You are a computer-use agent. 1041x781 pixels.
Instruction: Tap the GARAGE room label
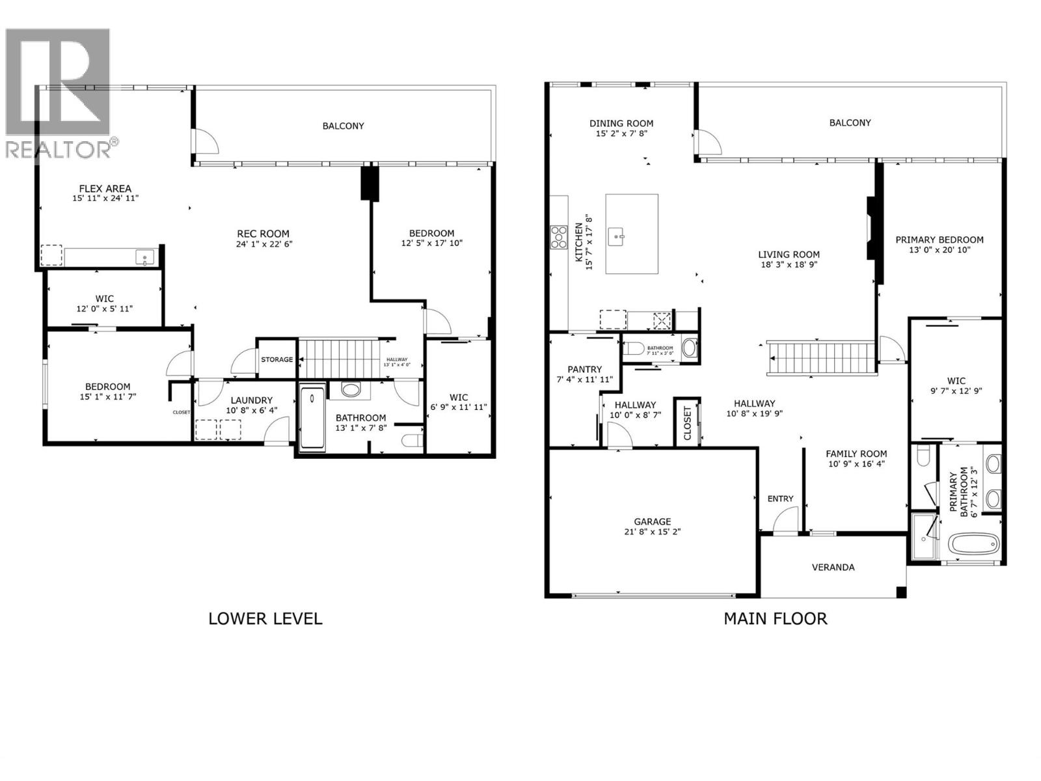click(652, 521)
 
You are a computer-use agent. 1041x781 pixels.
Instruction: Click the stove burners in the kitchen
click(558, 237)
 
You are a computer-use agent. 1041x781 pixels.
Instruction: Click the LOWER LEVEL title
click(265, 618)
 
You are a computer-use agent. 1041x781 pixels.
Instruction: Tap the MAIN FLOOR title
click(775, 618)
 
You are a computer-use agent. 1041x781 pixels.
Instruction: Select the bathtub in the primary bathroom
click(973, 543)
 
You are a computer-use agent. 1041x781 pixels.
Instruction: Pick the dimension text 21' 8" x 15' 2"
click(652, 532)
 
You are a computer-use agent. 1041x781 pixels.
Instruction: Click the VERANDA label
click(833, 568)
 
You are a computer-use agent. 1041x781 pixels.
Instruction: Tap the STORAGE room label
click(277, 359)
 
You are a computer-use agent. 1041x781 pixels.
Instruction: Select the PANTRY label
click(584, 369)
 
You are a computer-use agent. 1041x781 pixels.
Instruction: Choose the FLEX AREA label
click(105, 189)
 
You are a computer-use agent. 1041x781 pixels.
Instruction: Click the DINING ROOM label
click(621, 123)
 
